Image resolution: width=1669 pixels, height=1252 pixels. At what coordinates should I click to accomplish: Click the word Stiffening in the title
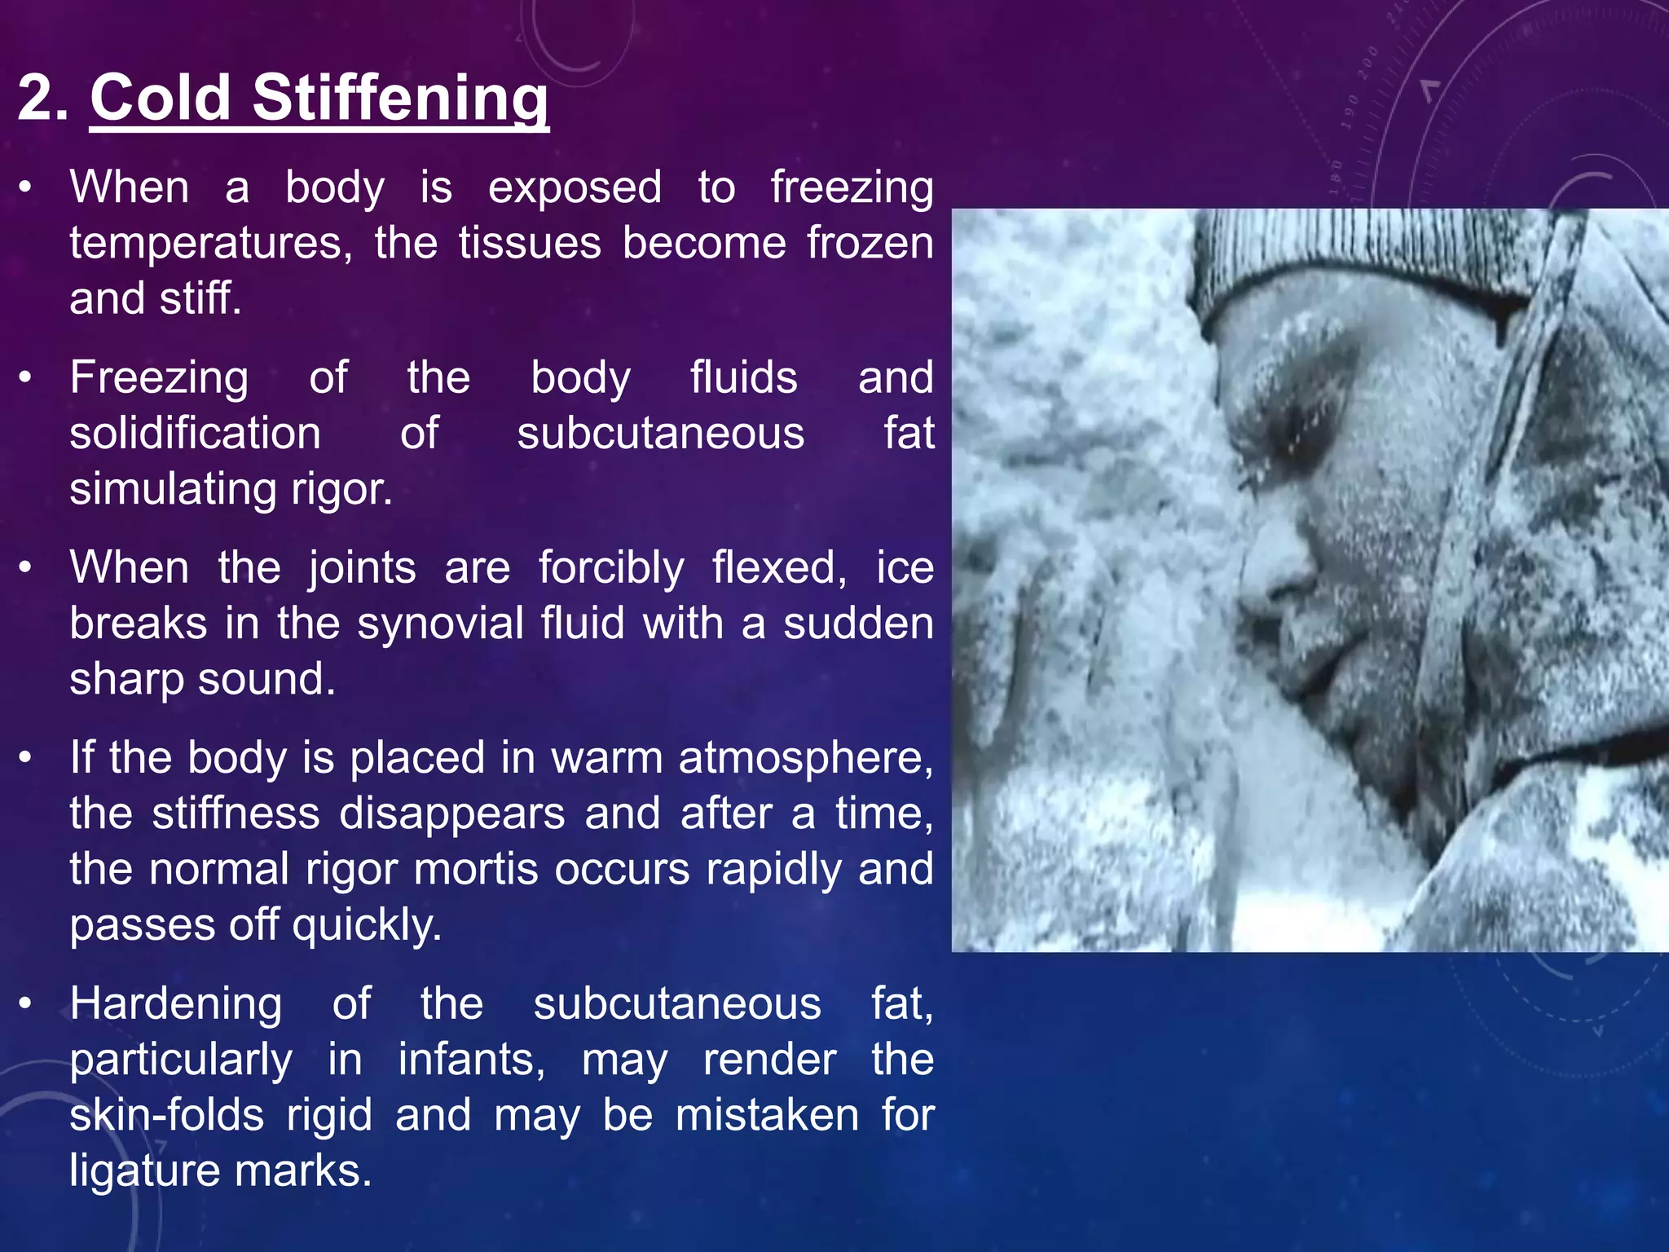pyautogui.click(x=400, y=98)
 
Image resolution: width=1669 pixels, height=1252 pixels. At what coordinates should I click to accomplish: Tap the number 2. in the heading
pyautogui.click(x=42, y=98)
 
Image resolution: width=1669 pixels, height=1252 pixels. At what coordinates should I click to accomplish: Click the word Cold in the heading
pyautogui.click(x=161, y=98)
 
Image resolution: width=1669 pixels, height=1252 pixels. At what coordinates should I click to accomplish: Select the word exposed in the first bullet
pyautogui.click(x=575, y=187)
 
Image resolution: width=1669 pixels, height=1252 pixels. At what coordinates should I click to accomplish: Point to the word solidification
pyautogui.click(x=195, y=433)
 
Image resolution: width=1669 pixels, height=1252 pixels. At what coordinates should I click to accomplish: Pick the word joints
pyautogui.click(x=362, y=567)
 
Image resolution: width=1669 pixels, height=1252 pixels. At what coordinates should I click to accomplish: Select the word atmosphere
pyautogui.click(x=805, y=758)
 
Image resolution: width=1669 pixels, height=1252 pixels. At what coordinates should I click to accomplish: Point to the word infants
pyautogui.click(x=471, y=1060)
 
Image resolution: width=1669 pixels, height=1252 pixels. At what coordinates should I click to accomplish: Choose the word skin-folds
pyautogui.click(x=166, y=1115)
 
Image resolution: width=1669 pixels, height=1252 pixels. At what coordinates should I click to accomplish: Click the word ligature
pyautogui.click(x=144, y=1170)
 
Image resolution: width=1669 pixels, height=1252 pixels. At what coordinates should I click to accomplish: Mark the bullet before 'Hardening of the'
pyautogui.click(x=26, y=1004)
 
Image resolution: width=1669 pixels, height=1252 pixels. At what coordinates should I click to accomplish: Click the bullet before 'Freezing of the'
pyautogui.click(x=26, y=377)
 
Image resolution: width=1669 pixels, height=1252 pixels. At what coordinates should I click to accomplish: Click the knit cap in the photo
pyautogui.click(x=1353, y=261)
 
